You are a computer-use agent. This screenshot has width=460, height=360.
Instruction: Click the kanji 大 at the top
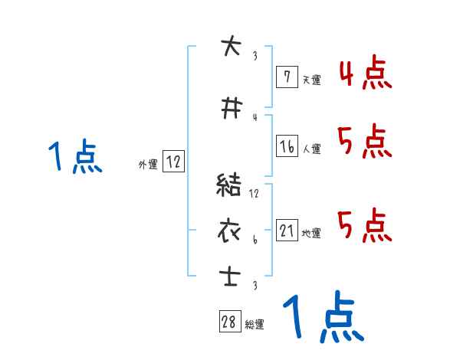click(x=229, y=45)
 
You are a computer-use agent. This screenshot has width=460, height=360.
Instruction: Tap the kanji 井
click(x=229, y=109)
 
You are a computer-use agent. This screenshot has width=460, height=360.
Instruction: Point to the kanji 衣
click(x=229, y=230)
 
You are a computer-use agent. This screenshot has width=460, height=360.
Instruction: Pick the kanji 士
click(x=229, y=275)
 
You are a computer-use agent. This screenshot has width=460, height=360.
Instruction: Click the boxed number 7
click(x=286, y=77)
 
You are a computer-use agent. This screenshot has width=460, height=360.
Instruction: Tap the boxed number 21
click(x=286, y=231)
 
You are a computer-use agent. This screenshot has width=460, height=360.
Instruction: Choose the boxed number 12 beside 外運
click(x=173, y=162)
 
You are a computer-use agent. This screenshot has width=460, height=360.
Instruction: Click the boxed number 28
click(x=229, y=322)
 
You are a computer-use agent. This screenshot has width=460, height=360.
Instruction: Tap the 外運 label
click(x=147, y=164)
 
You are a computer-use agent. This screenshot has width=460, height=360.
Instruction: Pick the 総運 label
click(x=255, y=325)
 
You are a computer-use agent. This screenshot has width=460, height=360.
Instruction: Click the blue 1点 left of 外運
click(x=74, y=158)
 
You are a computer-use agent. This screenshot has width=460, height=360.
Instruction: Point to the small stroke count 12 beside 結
click(x=255, y=193)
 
